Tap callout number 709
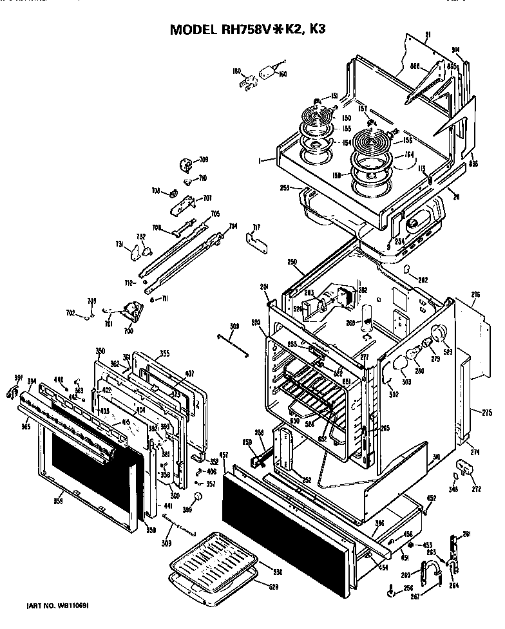coord(204,160)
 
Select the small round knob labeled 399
coord(198,496)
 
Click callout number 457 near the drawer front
coord(223,455)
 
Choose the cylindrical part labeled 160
coord(267,73)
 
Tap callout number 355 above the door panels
coord(164,353)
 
